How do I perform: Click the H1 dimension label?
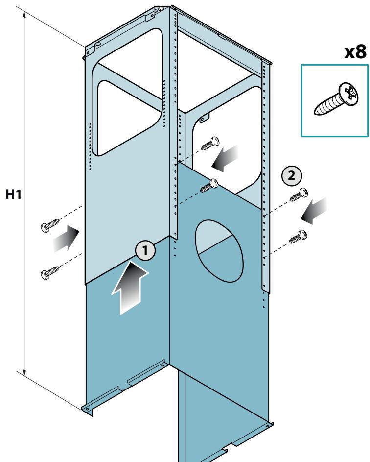14,195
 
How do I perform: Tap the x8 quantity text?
355,52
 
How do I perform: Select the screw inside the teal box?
337,98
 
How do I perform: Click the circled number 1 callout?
145,250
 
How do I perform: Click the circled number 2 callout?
291,176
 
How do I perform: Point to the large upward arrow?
130,287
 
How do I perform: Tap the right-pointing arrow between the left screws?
66,239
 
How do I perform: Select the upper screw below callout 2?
299,195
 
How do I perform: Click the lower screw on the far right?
298,237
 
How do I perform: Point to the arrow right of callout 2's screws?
314,211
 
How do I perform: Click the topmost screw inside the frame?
210,144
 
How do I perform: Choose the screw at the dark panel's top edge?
209,186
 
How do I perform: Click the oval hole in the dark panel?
220,251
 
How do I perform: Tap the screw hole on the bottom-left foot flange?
87,409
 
